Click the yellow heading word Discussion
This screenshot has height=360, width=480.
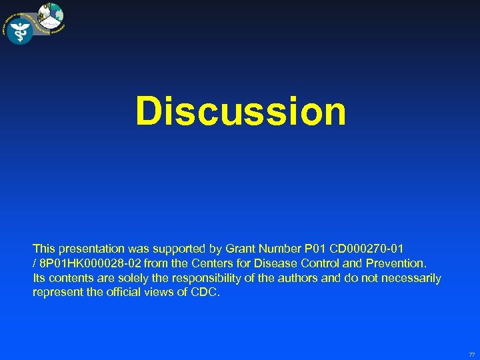click(241, 111)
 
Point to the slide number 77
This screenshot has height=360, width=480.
click(472, 355)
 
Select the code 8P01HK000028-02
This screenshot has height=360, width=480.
click(85, 263)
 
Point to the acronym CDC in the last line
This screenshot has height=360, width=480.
click(204, 293)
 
